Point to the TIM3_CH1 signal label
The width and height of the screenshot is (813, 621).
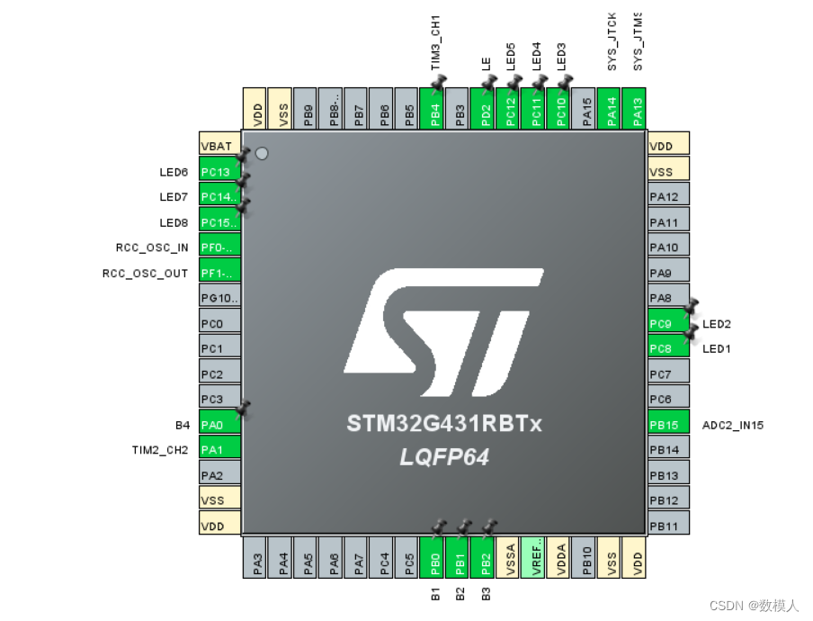click(x=436, y=42)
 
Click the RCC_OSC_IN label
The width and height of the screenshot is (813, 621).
click(x=152, y=247)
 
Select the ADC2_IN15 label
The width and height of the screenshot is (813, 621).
click(x=733, y=425)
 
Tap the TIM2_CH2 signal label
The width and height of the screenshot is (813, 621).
click(x=159, y=449)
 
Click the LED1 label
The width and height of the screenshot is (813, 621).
click(x=717, y=348)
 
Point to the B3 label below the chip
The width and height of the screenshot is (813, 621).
click(x=486, y=593)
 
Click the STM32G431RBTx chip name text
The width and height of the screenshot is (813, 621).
click(x=444, y=423)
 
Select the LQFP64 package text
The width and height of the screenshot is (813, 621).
click(x=444, y=456)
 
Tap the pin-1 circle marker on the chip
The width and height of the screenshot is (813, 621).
click(x=262, y=154)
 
